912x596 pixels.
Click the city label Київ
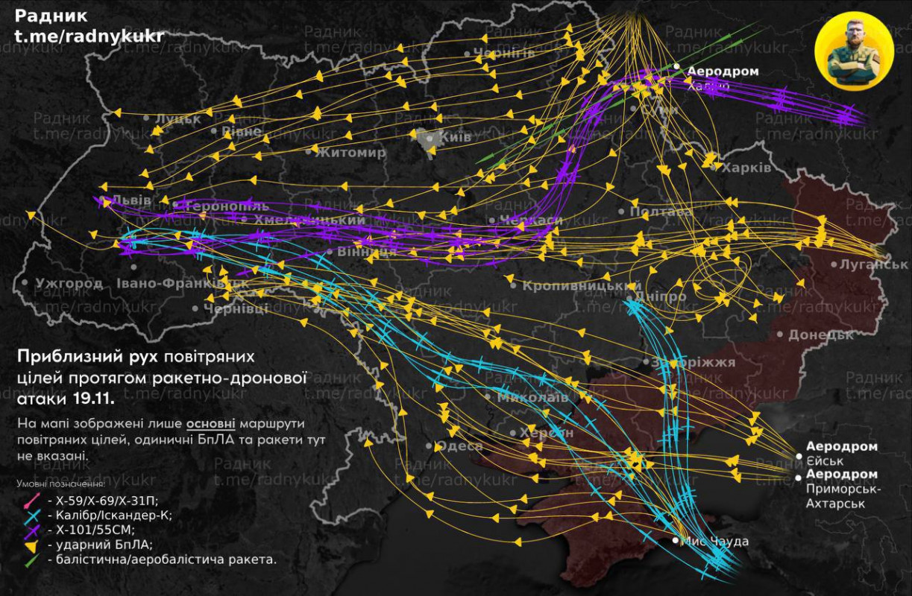(x=455, y=138)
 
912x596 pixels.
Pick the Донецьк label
(x=820, y=335)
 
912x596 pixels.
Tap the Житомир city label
(x=350, y=153)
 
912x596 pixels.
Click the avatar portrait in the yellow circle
(x=854, y=51)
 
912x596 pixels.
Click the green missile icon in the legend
(x=31, y=559)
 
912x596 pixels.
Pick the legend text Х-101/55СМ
(x=90, y=530)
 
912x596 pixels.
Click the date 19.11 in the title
(x=93, y=399)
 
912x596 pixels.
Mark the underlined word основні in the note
(x=210, y=424)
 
